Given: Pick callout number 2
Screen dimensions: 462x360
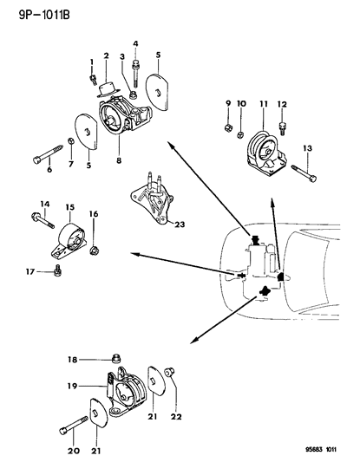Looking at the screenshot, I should tap(105, 56).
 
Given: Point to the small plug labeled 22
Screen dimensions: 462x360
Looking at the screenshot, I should tap(170, 374).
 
